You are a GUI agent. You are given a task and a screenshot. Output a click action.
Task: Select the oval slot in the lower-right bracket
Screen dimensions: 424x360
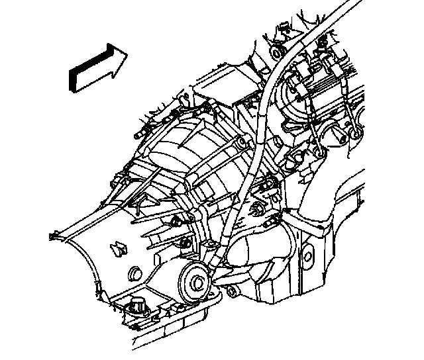pyautogui.click(x=307, y=252)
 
